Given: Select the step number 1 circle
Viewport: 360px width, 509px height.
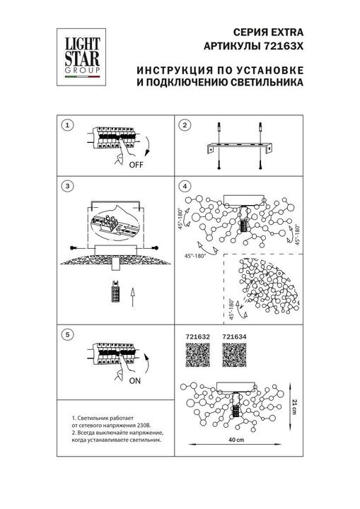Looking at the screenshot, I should point(67,125).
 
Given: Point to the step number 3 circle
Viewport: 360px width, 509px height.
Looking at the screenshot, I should point(67,186).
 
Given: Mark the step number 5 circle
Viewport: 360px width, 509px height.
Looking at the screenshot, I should point(67,334).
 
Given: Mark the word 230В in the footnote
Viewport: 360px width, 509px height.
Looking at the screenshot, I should point(153,425).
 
